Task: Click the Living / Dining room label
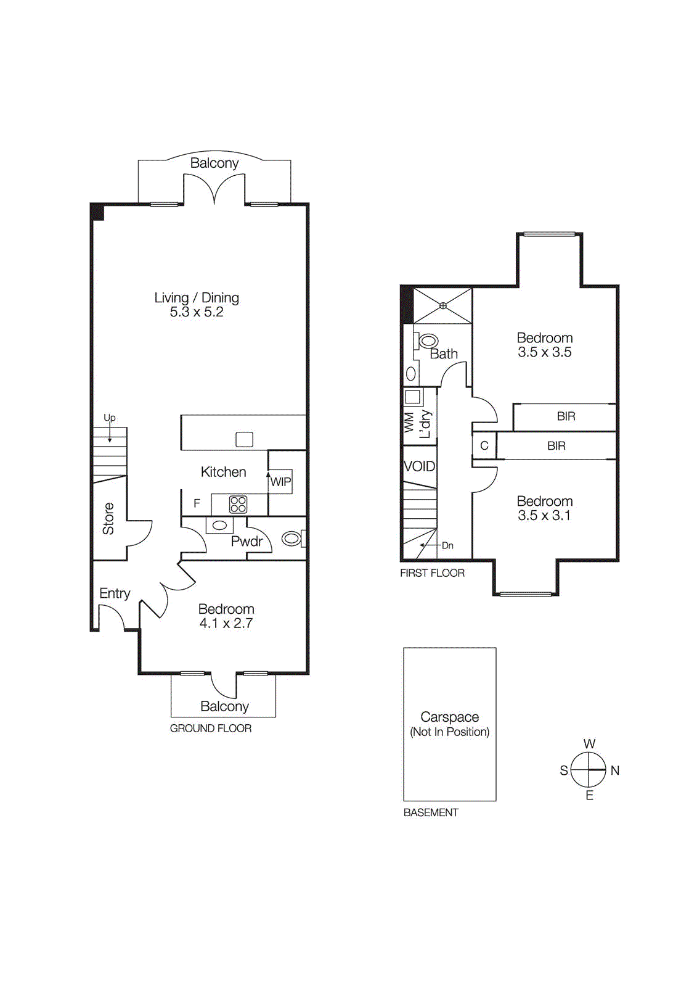[197, 298]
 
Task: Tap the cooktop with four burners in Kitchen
[238, 505]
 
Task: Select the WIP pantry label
[280, 482]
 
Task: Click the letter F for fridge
[197, 503]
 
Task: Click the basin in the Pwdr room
[219, 526]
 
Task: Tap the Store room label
[108, 518]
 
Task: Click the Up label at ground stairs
[110, 418]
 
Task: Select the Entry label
[115, 593]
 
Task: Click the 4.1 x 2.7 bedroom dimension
[226, 624]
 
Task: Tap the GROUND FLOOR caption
[211, 729]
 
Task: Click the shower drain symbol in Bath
[442, 305]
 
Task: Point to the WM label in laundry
[409, 422]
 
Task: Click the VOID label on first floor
[419, 466]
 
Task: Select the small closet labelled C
[484, 445]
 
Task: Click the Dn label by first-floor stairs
[447, 545]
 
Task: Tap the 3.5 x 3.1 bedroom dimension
[544, 516]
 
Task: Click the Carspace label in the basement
[449, 717]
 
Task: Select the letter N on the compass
[614, 770]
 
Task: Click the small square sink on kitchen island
[244, 439]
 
